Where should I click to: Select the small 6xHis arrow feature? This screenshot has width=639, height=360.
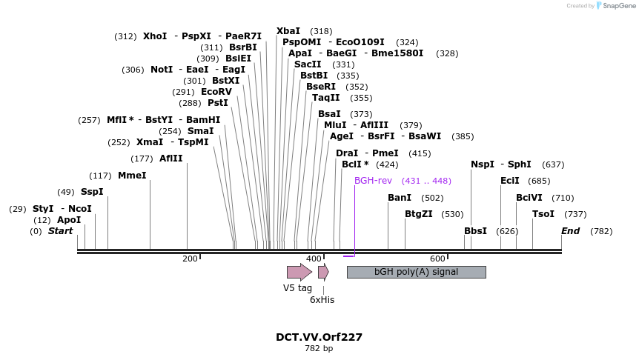(323, 272)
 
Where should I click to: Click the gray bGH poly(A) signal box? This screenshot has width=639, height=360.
(416, 272)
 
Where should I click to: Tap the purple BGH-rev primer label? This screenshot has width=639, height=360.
(373, 181)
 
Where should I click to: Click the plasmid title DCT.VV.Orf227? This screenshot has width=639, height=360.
(319, 337)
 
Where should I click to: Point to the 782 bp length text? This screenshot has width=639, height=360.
(319, 348)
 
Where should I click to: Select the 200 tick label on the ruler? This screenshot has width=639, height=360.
(190, 258)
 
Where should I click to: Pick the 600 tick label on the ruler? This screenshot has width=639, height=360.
(437, 258)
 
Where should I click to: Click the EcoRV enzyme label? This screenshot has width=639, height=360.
(216, 92)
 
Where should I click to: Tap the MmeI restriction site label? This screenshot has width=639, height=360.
(132, 176)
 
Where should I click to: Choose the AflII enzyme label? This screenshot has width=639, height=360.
(170, 159)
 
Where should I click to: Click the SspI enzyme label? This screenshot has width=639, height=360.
(92, 192)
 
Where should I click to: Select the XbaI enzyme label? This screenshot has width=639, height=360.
(288, 31)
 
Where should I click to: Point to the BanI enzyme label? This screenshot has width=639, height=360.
(400, 198)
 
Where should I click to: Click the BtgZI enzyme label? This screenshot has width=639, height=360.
(419, 214)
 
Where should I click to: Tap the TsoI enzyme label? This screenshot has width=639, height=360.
(543, 214)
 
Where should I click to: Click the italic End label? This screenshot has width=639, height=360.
(570, 231)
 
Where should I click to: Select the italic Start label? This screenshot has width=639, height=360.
(61, 231)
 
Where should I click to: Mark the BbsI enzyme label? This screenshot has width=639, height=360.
(475, 231)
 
